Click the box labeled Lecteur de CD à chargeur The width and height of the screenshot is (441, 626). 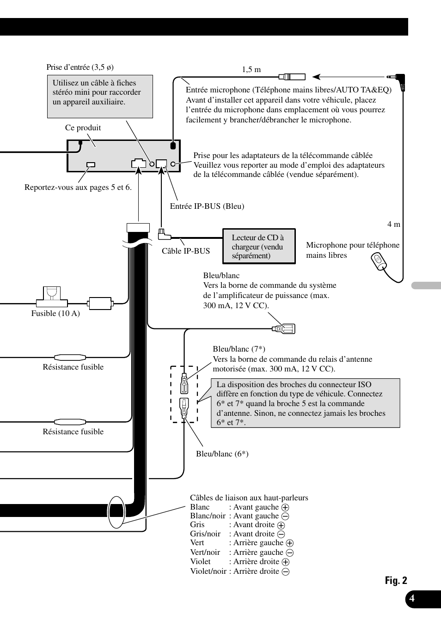point(258,246)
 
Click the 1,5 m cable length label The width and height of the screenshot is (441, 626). point(251,70)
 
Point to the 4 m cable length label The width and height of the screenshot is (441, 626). point(394,224)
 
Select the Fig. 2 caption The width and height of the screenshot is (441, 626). point(396,581)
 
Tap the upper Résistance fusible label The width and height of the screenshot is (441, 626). point(73,367)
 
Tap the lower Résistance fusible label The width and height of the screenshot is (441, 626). point(73,432)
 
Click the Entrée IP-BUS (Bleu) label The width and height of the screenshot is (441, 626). point(207,206)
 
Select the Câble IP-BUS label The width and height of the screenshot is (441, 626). point(186,251)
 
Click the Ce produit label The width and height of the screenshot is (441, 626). point(83,128)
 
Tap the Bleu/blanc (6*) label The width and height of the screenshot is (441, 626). point(222,454)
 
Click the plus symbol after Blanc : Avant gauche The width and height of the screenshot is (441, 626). point(285,507)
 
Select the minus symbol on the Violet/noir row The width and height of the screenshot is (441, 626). point(286,571)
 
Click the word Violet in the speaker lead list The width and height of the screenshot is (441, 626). point(200,562)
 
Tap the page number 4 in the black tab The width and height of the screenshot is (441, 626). point(412,599)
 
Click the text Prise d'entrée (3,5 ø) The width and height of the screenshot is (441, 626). point(80,67)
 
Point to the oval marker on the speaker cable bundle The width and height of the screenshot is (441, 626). point(116,512)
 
